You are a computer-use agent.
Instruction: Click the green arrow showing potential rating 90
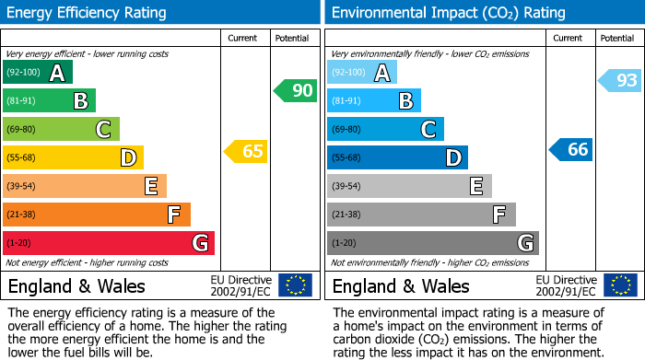tap(295, 91)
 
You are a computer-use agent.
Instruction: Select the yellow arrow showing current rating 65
tap(246, 151)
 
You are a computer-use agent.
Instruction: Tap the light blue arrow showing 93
tap(619, 81)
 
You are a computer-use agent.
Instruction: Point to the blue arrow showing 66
tap(570, 149)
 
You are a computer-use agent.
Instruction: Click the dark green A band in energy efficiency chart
tap(37, 72)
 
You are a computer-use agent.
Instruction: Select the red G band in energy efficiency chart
tap(108, 243)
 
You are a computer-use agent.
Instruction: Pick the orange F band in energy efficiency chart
tap(96, 215)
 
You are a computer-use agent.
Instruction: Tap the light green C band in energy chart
tap(61, 129)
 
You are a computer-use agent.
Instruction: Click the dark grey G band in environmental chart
tap(432, 243)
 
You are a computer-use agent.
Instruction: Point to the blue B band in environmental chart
tap(373, 100)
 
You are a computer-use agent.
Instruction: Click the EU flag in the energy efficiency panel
tap(296, 285)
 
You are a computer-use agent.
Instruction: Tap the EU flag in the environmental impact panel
tap(620, 285)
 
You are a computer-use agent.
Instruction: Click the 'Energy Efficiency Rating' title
tap(88, 13)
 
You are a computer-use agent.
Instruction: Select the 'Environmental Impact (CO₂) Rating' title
tap(448, 13)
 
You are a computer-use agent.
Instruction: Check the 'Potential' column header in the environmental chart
tap(617, 38)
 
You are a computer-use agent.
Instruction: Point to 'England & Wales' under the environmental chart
tap(400, 285)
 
